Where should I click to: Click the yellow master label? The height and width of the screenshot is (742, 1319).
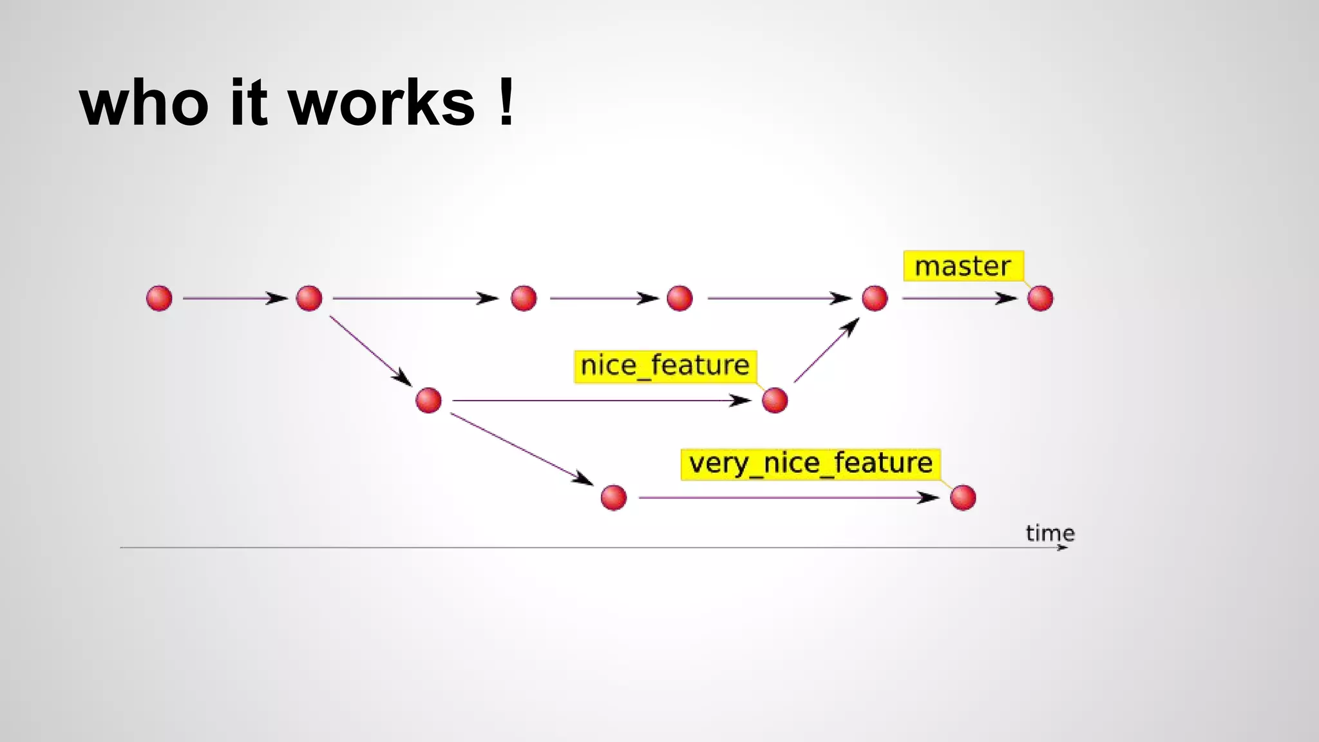pos(963,266)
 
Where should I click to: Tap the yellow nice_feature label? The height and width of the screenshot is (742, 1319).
pos(665,366)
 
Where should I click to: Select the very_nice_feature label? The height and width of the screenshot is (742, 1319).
pos(810,464)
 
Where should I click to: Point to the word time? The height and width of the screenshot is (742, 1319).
pos(1050,533)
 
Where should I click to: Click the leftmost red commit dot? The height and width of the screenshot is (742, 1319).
pos(159,298)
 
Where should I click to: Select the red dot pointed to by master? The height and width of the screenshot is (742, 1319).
pos(1040,298)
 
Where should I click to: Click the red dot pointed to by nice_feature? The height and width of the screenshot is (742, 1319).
pos(774,401)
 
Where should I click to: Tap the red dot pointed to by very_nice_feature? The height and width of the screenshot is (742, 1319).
pos(963,497)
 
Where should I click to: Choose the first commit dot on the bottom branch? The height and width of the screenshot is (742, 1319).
pos(613,497)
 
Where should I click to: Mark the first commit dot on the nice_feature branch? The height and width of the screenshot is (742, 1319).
pos(428,401)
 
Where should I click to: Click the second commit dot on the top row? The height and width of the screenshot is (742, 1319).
pos(309,298)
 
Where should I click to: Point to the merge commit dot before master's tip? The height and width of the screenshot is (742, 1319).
pos(875,298)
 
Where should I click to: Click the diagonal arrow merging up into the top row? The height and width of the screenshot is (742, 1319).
pos(826,350)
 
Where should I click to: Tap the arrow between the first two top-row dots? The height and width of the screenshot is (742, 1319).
pos(234,298)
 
